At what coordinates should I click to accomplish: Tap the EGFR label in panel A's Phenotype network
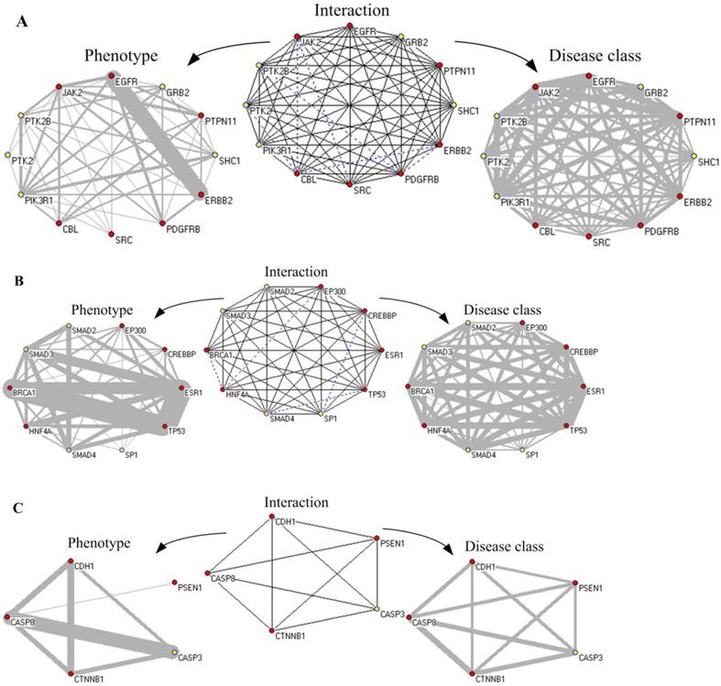click(x=126, y=82)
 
